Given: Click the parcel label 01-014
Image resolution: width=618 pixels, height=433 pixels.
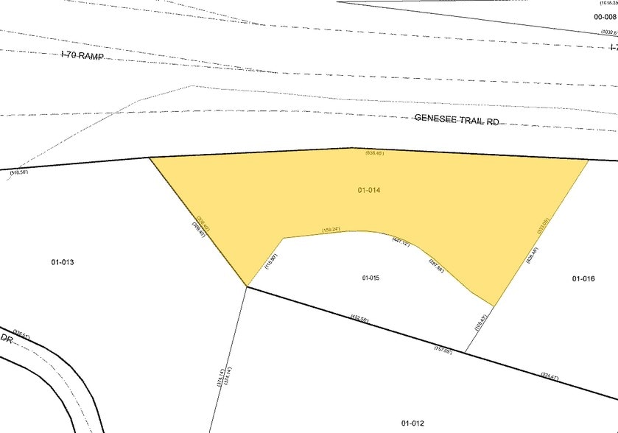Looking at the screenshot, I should click(x=369, y=190).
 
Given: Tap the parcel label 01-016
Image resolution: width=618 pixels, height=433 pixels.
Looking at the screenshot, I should click(x=583, y=278).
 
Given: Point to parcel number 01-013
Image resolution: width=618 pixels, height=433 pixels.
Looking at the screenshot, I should click(x=63, y=262).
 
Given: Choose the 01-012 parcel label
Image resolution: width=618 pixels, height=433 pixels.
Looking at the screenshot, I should click(x=412, y=423).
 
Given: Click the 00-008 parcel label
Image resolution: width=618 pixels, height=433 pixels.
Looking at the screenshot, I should click(x=605, y=17).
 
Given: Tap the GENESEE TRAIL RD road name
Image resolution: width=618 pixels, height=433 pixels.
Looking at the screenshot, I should click(x=456, y=119).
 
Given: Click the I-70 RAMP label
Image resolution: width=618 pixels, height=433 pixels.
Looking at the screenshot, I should click(x=82, y=56).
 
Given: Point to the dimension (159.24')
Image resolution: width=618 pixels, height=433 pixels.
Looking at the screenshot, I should click(x=331, y=229).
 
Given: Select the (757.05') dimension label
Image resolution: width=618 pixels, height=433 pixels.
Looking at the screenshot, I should click(x=442, y=350).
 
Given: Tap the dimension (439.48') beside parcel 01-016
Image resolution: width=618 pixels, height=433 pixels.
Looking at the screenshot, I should click(x=531, y=255).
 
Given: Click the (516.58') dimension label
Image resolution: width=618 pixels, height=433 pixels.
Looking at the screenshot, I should click(x=19, y=172).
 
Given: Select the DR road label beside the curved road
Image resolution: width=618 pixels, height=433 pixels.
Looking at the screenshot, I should click(x=7, y=337).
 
